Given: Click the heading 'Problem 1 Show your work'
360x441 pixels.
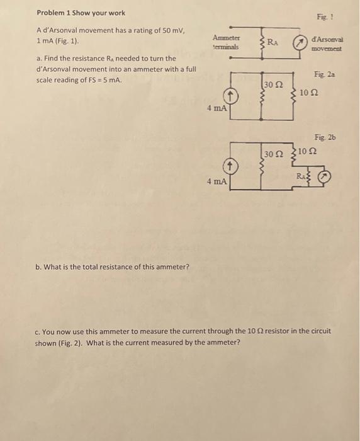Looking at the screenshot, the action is (81, 13).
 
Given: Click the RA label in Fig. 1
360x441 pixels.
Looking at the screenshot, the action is (273, 42).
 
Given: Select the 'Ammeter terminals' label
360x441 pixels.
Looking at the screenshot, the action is (225, 42).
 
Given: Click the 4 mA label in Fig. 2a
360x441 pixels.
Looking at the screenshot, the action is (216, 108).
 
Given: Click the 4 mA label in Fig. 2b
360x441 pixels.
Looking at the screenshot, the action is (216, 181).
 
